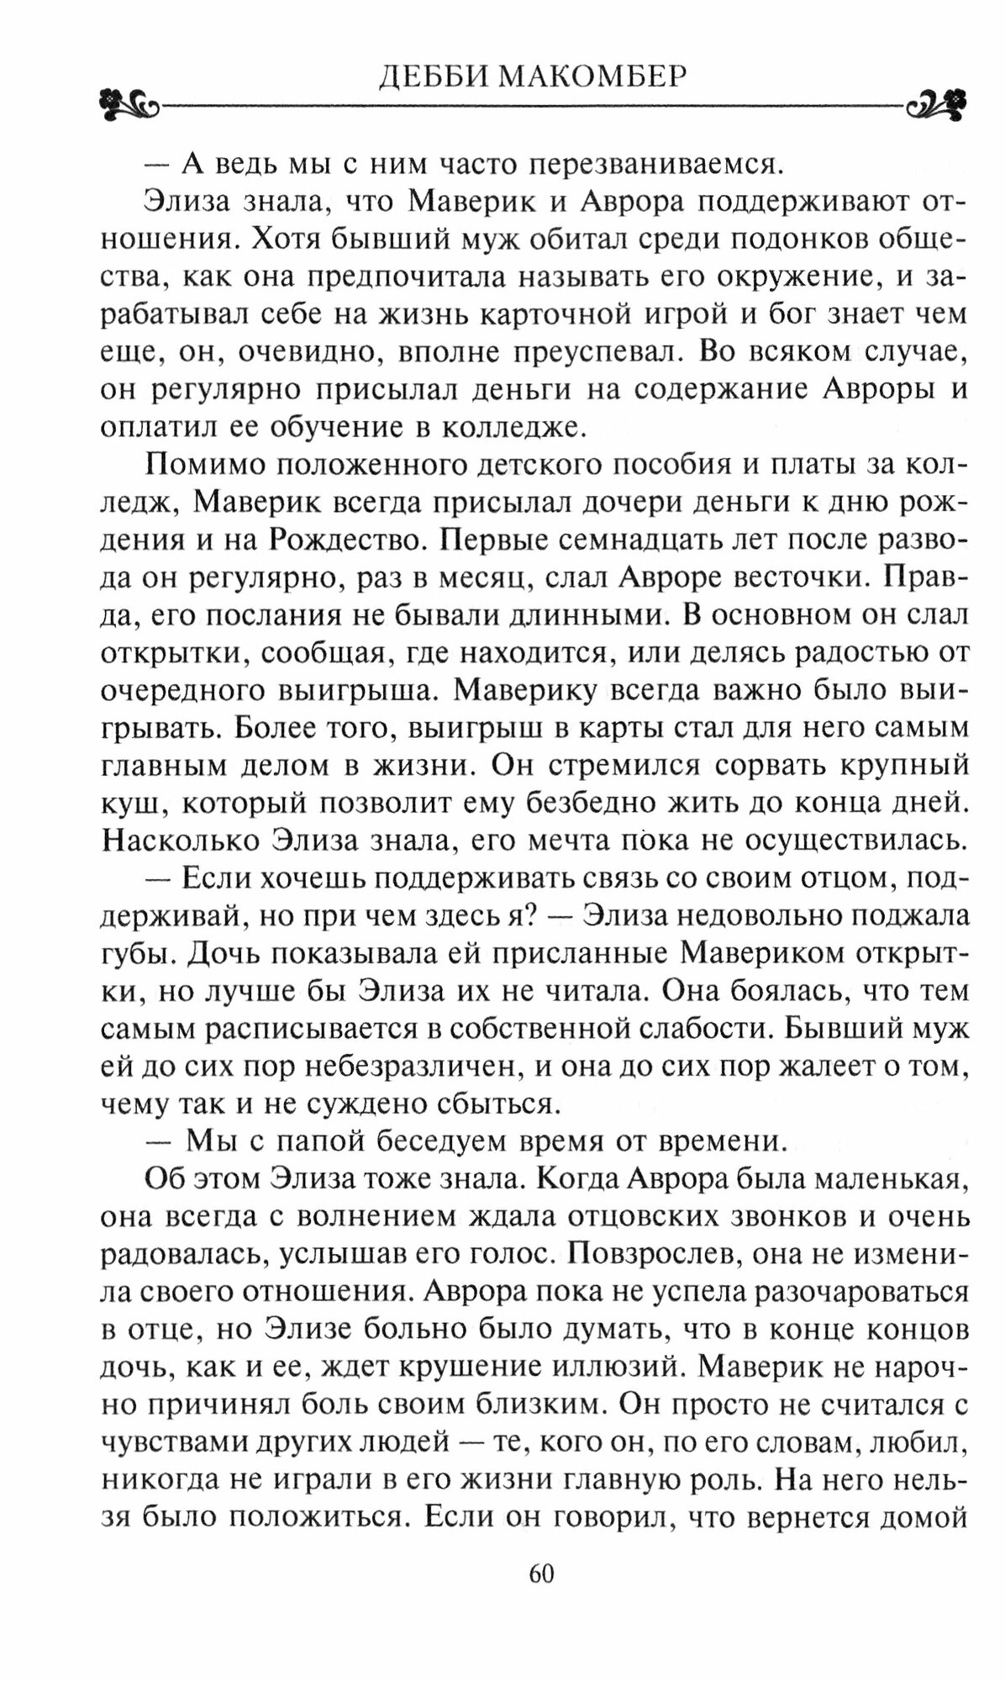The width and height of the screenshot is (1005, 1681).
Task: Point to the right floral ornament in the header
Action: (x=934, y=106)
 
